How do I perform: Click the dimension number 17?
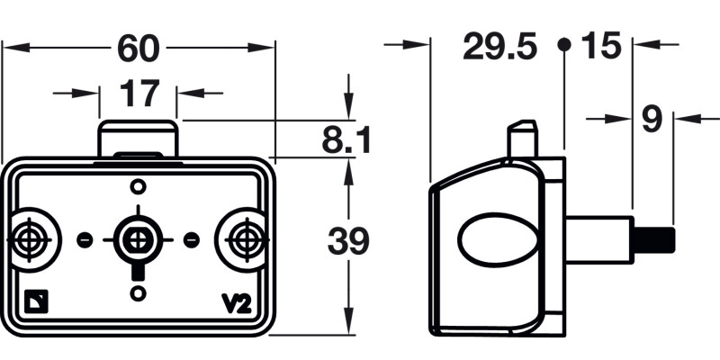pyautogui.click(x=138, y=93)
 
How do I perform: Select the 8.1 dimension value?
pyautogui.click(x=346, y=139)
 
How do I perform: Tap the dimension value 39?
pyautogui.click(x=347, y=241)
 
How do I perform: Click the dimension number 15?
pyautogui.click(x=601, y=46)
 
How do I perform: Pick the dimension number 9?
pyautogui.click(x=652, y=119)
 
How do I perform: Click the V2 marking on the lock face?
pyautogui.click(x=235, y=304)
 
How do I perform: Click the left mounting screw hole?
pyautogui.click(x=32, y=239)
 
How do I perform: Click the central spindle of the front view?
pyautogui.click(x=138, y=239)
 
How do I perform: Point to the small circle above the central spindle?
pyautogui.click(x=138, y=186)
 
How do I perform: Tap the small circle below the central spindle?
pyautogui.click(x=138, y=293)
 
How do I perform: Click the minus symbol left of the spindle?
pyautogui.click(x=85, y=239)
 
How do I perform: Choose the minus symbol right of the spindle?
pyautogui.click(x=191, y=239)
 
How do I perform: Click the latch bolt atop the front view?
pyautogui.click(x=137, y=139)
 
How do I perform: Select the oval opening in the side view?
pyautogui.click(x=498, y=240)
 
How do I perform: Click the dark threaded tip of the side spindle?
pyautogui.click(x=654, y=240)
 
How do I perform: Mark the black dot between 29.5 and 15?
pyautogui.click(x=563, y=44)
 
